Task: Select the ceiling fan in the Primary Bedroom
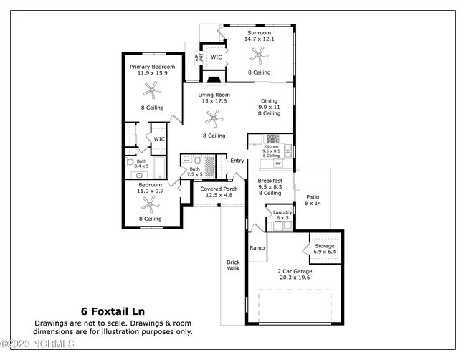(151, 89)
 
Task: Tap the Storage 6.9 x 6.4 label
(325, 249)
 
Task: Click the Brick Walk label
(233, 265)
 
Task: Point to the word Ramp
(257, 248)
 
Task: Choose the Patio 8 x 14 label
(313, 200)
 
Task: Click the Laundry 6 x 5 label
(282, 214)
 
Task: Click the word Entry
(237, 161)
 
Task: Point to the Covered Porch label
(219, 192)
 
